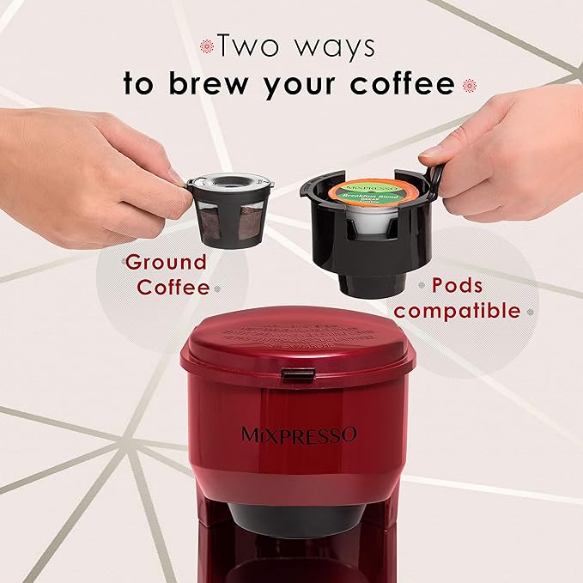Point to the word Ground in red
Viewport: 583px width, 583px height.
pyautogui.click(x=166, y=262)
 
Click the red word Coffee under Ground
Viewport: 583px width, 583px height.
pyautogui.click(x=173, y=287)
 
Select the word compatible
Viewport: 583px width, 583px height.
pyautogui.click(x=458, y=310)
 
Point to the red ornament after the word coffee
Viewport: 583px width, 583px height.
pyautogui.click(x=470, y=84)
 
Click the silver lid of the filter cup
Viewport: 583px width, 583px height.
pyautogui.click(x=226, y=181)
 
